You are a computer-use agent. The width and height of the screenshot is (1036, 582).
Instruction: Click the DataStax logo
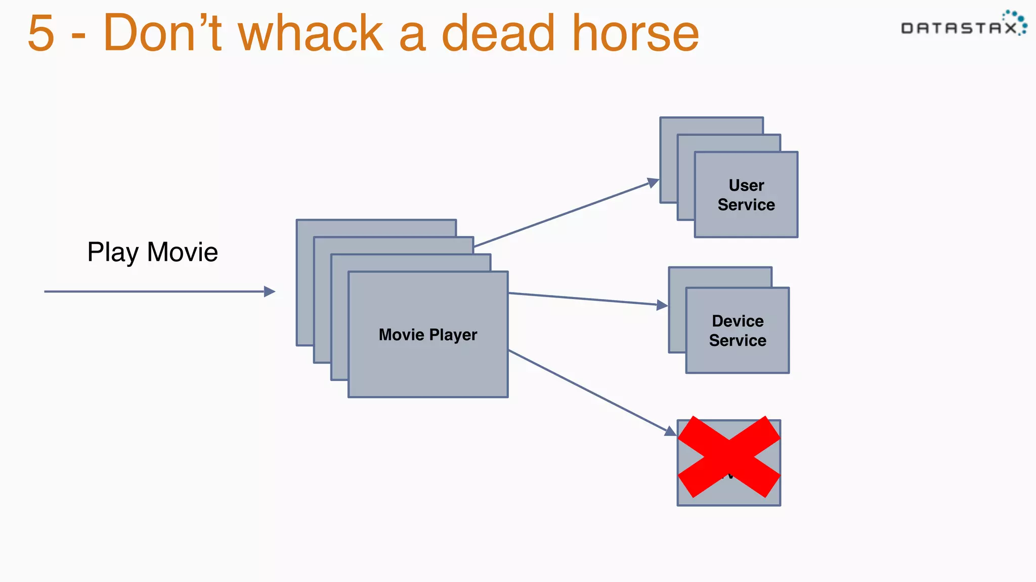pyautogui.click(x=964, y=24)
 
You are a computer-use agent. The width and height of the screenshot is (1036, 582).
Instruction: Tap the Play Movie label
pyautogui.click(x=152, y=252)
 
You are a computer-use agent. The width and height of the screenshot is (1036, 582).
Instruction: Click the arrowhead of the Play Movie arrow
pyautogui.click(x=270, y=292)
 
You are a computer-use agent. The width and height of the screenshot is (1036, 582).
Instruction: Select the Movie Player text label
pyautogui.click(x=428, y=334)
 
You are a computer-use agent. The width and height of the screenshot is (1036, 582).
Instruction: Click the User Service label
pyautogui.click(x=746, y=195)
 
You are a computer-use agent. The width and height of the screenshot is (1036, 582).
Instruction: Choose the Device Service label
pyautogui.click(x=738, y=330)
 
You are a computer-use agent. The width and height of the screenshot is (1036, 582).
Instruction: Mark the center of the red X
pyautogui.click(x=729, y=457)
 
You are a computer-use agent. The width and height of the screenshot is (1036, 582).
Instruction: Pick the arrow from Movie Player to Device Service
pyautogui.click(x=582, y=299)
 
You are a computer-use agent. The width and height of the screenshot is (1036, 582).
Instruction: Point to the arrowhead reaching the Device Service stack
pyautogui.click(x=662, y=305)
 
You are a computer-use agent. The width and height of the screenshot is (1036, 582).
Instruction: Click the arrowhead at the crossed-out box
pyautogui.click(x=670, y=431)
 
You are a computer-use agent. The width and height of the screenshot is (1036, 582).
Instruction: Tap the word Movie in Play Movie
pyautogui.click(x=183, y=252)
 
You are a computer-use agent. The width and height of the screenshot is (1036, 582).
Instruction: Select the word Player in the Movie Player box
pyautogui.click(x=453, y=335)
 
